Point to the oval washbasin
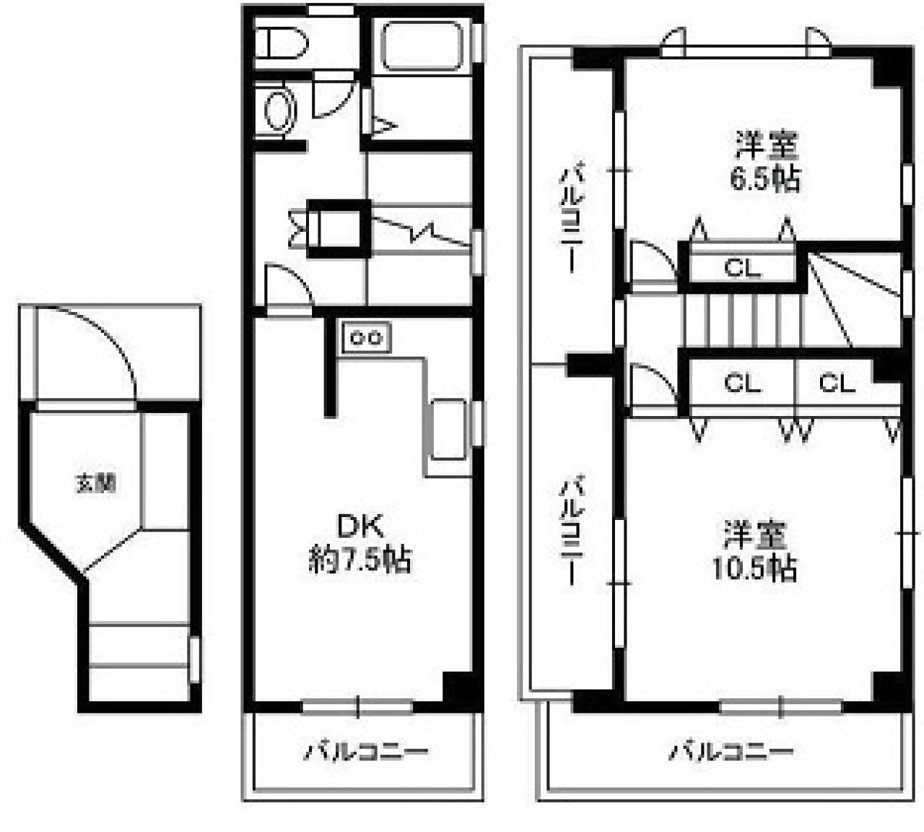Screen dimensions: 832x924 click(279, 112)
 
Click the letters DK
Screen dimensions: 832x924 click(359, 526)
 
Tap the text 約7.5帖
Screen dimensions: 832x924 click(359, 560)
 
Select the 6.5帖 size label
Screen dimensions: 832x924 click(765, 178)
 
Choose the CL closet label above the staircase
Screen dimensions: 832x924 click(742, 269)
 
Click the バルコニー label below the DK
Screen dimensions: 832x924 click(365, 752)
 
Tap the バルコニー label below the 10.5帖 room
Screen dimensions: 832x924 click(731, 752)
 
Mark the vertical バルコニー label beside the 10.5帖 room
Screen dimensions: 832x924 click(572, 530)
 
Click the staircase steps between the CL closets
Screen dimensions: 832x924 click(744, 318)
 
